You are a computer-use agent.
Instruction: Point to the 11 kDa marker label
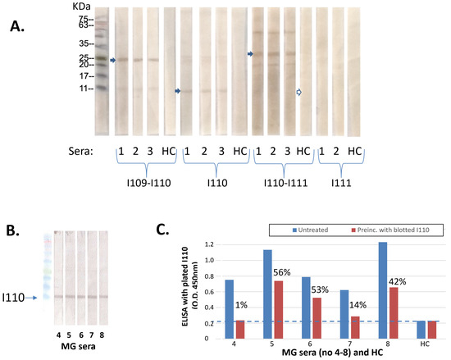(82, 87)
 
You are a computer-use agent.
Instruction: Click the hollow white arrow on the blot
(299, 93)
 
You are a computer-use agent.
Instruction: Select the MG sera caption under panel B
(75, 346)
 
